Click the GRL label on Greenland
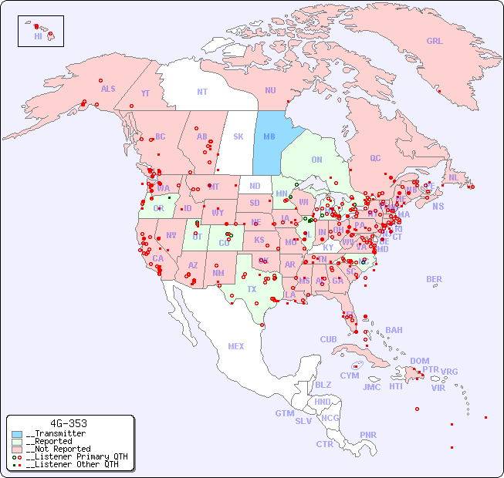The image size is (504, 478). (435, 42)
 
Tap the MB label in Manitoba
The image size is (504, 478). (269, 136)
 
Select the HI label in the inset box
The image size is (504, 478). (38, 36)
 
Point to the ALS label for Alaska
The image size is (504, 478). (108, 89)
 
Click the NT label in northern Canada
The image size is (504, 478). (202, 92)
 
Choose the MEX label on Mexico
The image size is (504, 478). (236, 346)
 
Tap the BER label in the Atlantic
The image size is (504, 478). (434, 279)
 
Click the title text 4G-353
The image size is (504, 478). (68, 423)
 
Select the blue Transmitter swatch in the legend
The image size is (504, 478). (17, 434)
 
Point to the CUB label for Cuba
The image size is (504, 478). (328, 339)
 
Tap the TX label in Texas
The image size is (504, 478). (252, 289)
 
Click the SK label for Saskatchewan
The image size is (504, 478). (238, 136)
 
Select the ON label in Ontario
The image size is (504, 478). (316, 160)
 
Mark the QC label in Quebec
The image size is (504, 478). (375, 158)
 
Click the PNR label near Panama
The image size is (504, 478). (368, 435)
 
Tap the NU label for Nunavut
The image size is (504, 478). (270, 90)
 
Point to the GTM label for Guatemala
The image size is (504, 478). (284, 413)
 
